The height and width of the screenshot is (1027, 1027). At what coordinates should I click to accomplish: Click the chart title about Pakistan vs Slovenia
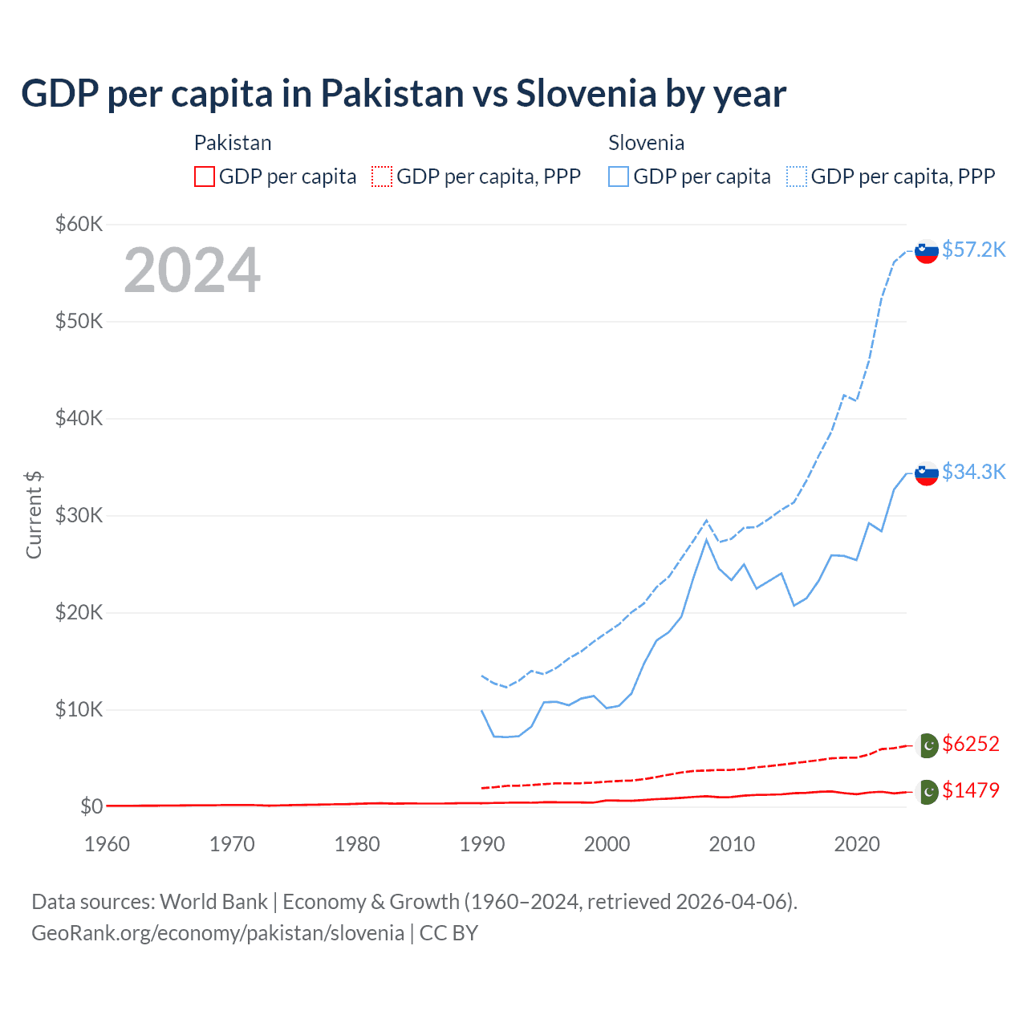point(404,93)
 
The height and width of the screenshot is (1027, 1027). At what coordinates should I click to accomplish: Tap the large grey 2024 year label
point(192,270)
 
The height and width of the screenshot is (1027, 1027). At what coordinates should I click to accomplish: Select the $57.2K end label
point(973,250)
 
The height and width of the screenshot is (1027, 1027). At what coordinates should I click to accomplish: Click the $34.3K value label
point(973,472)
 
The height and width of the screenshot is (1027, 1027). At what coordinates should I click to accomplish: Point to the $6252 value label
point(971,744)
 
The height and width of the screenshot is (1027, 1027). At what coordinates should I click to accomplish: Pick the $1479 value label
point(971,790)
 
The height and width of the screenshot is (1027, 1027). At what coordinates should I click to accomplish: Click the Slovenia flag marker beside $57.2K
point(927,251)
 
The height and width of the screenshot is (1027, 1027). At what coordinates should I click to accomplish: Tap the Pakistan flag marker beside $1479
point(927,792)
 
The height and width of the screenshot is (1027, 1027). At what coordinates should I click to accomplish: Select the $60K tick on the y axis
point(79,224)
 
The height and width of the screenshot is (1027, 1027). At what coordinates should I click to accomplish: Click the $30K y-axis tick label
point(79,515)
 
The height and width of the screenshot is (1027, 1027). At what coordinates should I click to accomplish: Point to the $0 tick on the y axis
point(91,806)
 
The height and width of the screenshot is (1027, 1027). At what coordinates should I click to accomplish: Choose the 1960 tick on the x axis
point(107,844)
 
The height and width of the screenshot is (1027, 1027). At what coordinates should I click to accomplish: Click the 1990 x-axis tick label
point(482,844)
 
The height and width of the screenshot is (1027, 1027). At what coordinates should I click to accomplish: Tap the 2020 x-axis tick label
point(857,844)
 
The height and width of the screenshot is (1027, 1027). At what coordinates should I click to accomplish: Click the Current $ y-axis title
point(34,515)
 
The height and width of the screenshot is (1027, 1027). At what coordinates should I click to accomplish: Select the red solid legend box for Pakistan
point(205,177)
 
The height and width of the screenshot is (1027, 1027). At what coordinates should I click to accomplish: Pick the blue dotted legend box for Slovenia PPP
point(797,177)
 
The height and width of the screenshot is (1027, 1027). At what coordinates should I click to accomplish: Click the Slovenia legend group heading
point(646,143)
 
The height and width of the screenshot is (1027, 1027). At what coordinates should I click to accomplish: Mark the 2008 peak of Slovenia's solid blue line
point(706,540)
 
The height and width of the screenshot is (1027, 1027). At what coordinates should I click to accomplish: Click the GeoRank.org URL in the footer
point(217,933)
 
